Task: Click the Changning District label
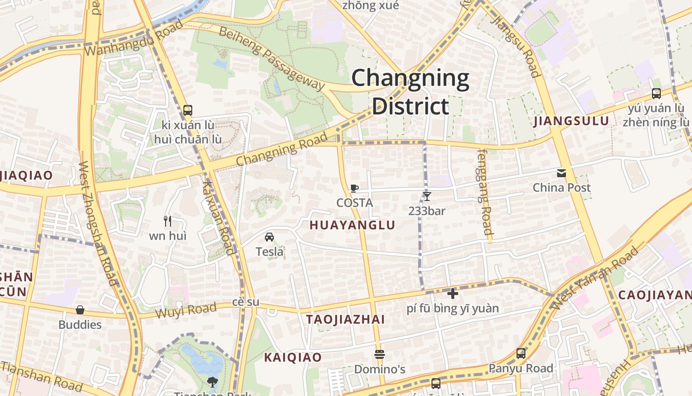[x=410, y=92]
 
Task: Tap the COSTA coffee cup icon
[x=354, y=189]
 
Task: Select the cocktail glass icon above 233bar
[x=427, y=197]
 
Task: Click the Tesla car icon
[x=269, y=237]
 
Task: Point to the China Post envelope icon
[x=562, y=173]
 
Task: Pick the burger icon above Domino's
[x=380, y=355]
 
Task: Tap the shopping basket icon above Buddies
[x=80, y=310]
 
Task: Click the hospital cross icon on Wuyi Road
[x=452, y=294]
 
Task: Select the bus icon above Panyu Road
[x=521, y=353]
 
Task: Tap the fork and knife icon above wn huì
[x=168, y=221]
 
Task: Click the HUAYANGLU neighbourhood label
[x=352, y=225]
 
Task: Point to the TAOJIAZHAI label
[x=345, y=319]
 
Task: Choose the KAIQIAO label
[x=293, y=357]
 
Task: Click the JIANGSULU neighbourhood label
[x=571, y=121]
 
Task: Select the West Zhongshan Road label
[x=98, y=223]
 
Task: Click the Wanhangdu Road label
[x=133, y=39]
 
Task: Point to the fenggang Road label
[x=484, y=192]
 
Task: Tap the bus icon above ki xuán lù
[x=187, y=110]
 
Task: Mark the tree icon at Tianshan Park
[x=213, y=382]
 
